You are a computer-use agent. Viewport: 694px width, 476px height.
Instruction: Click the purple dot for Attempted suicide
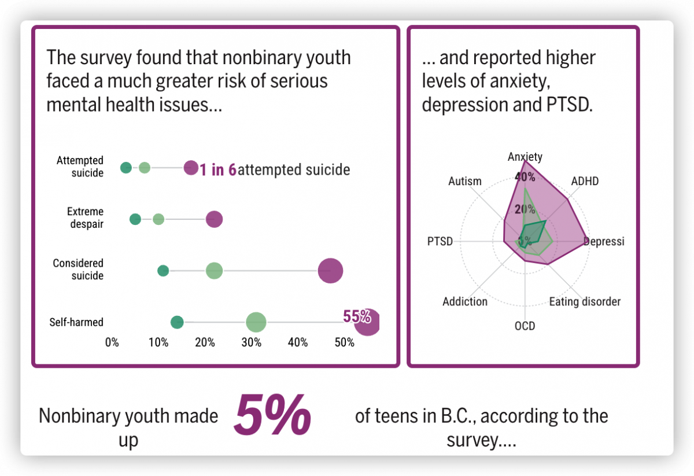[x=190, y=168]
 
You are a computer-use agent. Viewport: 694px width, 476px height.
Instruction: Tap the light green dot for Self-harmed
[x=256, y=323]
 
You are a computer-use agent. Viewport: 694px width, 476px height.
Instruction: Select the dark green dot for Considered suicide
[x=163, y=271]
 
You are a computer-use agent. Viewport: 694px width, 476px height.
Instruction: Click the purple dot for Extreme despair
[x=214, y=219]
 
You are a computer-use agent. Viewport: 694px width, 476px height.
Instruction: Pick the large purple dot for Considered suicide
[x=330, y=271]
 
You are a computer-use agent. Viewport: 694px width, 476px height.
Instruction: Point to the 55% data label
[x=356, y=316]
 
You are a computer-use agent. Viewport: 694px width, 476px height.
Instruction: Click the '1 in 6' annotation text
[x=218, y=169]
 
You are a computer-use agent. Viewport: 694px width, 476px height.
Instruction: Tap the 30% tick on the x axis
[x=251, y=342]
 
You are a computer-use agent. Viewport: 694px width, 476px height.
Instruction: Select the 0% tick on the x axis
[x=112, y=342]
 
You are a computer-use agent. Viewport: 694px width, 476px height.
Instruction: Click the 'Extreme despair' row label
[x=85, y=218]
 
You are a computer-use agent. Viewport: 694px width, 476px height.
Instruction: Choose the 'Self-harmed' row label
[x=76, y=323]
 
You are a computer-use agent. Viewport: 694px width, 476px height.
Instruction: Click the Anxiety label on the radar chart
[x=525, y=157]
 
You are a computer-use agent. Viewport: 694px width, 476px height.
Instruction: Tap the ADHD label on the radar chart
[x=585, y=181]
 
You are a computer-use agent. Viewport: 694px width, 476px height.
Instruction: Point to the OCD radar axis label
[x=525, y=326]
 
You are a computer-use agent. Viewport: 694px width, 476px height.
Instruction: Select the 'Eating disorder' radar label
[x=585, y=301]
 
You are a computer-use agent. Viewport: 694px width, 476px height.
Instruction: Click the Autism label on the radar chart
[x=465, y=181]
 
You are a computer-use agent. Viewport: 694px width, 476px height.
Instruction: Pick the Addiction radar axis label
[x=465, y=301]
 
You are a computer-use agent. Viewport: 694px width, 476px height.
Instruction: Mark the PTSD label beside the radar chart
[x=440, y=241]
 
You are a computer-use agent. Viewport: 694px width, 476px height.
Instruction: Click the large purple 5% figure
[x=272, y=415]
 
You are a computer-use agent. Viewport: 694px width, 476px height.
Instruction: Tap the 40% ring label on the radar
[x=525, y=176]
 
